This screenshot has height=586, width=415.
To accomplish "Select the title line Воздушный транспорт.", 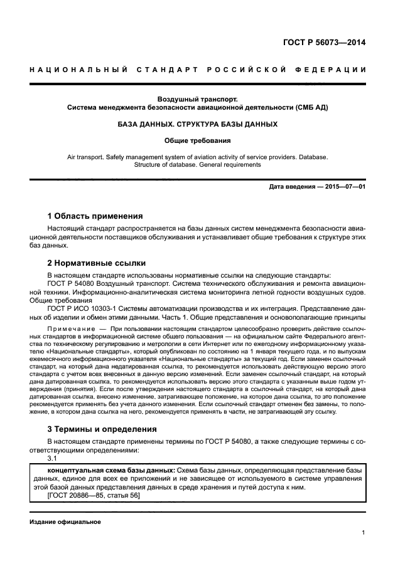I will tap(198, 98).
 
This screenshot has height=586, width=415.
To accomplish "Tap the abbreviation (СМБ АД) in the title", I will tap(306, 108).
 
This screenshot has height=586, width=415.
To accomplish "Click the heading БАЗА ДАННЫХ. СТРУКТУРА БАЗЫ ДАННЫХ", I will tap(198, 125).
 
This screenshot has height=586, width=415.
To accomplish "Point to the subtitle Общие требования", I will tap(198, 141).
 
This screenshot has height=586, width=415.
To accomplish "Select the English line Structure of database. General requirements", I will tap(198, 165).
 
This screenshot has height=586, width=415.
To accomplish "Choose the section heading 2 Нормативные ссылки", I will tap(97, 264).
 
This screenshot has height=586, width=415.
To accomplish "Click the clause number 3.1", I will tap(53, 458).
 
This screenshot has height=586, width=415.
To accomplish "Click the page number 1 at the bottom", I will tap(364, 533).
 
